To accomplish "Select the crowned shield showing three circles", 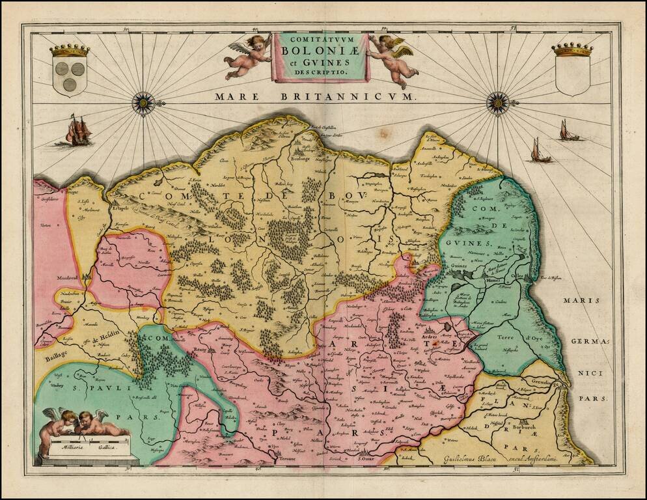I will click(69, 70).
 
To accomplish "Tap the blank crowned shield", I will click(572, 70).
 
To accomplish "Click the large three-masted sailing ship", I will click(77, 131).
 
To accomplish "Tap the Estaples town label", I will click(120, 209).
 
